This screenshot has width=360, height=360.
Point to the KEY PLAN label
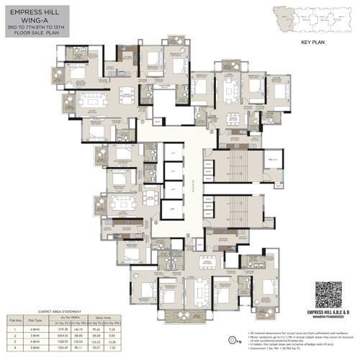pos(315,42)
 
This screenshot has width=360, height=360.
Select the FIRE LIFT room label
pos(273,158)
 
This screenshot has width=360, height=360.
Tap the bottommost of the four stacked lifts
pos(171,210)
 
